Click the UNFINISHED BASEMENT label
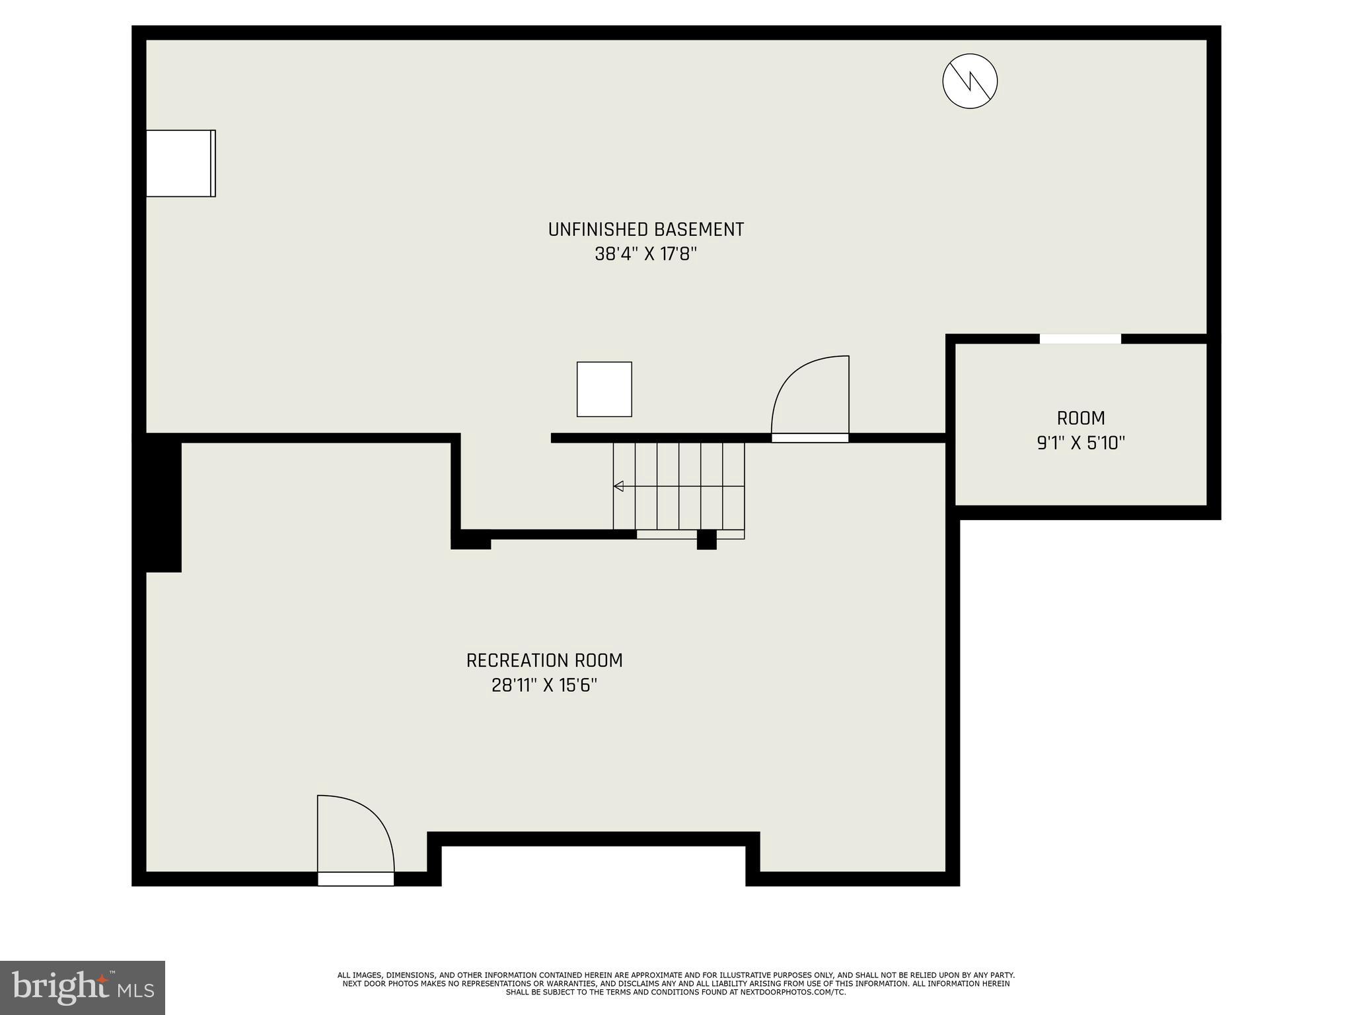[645, 229]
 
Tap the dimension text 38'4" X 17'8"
[645, 254]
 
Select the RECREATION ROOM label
[544, 660]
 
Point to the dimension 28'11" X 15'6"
[544, 685]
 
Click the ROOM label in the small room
[1081, 418]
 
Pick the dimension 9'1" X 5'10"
[1081, 443]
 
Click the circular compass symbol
[969, 81]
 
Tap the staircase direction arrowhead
[618, 486]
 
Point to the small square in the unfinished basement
[604, 389]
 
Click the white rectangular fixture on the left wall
[180, 163]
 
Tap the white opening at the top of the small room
[1080, 339]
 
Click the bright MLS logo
[83, 987]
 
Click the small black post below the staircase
[706, 540]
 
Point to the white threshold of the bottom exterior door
[355, 879]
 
